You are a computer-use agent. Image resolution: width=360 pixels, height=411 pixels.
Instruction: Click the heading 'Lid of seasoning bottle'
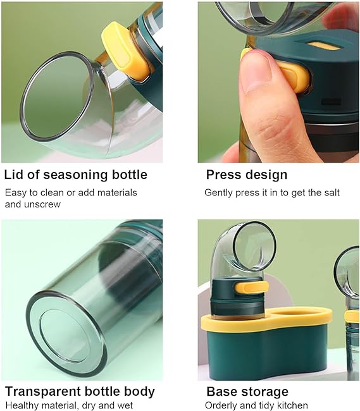(x=75, y=175)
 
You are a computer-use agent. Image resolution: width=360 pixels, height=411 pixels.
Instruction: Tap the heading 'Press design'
(x=246, y=175)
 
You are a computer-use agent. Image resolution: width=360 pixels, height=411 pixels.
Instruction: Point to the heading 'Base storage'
(x=247, y=391)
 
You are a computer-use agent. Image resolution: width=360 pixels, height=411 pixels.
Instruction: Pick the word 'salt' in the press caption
(x=330, y=192)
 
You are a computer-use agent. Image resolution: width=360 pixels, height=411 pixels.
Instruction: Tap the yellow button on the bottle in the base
(x=254, y=288)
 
